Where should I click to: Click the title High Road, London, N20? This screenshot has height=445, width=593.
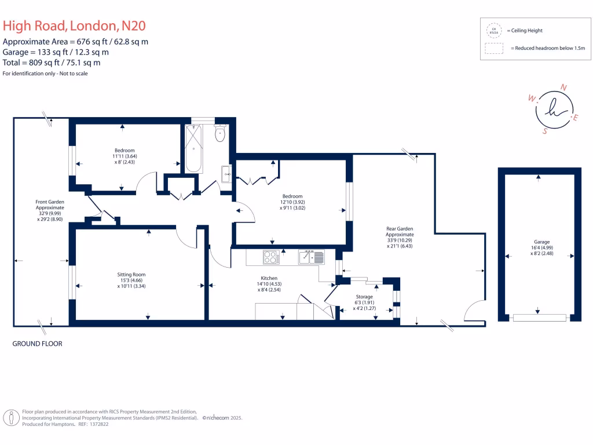pyautogui.click(x=74, y=25)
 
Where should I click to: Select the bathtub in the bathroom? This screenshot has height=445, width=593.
pyautogui.click(x=193, y=148)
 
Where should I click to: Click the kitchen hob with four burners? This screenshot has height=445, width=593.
pyautogui.click(x=270, y=256)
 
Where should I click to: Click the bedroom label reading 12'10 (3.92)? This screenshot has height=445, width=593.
pyautogui.click(x=292, y=202)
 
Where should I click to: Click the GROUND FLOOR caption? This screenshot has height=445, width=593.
pyautogui.click(x=37, y=344)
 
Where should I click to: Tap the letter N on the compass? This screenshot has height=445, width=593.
pyautogui.click(x=563, y=87)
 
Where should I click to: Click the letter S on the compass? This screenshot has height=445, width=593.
pyautogui.click(x=544, y=131)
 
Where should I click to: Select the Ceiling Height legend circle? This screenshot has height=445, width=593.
pyautogui.click(x=494, y=30)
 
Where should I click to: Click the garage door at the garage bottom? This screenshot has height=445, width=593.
pyautogui.click(x=540, y=318)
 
